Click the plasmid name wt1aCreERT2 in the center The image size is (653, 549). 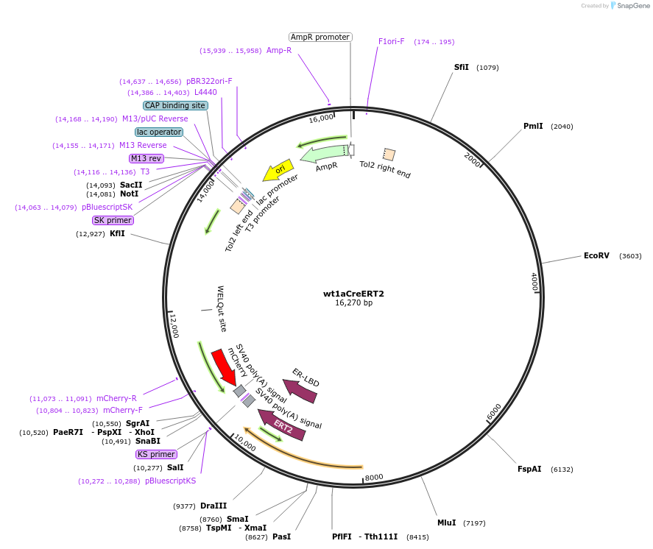(x=353, y=294)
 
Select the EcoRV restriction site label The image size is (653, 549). (x=596, y=256)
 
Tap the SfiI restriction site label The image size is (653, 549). (x=461, y=67)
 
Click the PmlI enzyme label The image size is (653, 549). (x=533, y=126)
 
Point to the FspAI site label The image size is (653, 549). (x=529, y=469)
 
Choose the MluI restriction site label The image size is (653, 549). (x=446, y=523)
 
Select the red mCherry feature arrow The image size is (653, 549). (x=223, y=367)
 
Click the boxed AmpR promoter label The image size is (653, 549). (x=320, y=37)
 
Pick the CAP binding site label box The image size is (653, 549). (x=175, y=105)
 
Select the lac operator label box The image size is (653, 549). (x=159, y=132)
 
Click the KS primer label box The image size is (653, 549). (x=156, y=454)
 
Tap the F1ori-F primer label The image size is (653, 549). (x=391, y=41)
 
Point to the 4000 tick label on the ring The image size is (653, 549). (x=534, y=283)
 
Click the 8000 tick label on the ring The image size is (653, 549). (x=374, y=477)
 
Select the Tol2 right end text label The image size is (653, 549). (x=385, y=169)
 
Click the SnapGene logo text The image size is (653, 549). (x=632, y=6)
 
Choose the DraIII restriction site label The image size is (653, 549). (x=213, y=506)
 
